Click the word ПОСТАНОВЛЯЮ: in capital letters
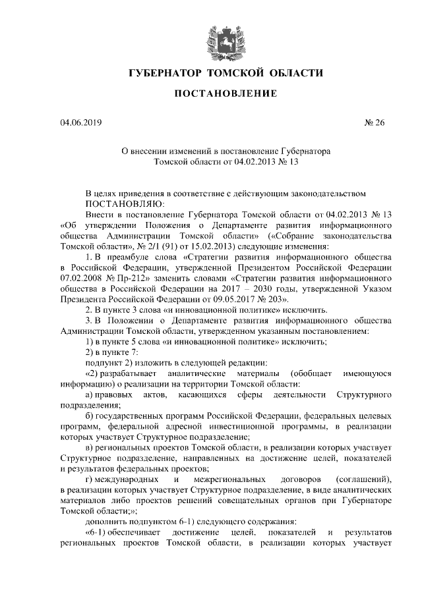[125, 203]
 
